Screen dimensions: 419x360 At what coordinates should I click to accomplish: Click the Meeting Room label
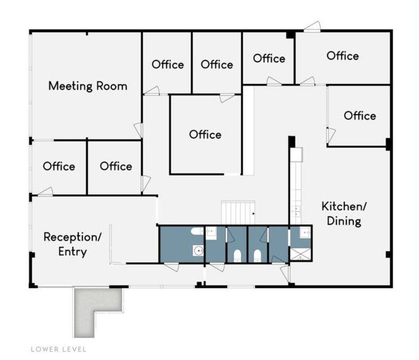pos(88,86)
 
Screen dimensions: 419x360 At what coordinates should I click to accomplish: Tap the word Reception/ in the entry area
pos(72,237)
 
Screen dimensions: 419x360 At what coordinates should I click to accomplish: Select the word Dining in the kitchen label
pos(344,221)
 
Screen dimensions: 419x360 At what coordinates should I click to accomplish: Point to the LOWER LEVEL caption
pos(59,349)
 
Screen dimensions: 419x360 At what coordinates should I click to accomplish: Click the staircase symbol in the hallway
pos(238,213)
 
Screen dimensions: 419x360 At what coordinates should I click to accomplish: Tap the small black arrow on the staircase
pos(253,214)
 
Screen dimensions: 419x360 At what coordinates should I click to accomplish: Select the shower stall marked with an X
pos(301,254)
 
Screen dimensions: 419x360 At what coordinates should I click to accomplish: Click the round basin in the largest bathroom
pos(198,251)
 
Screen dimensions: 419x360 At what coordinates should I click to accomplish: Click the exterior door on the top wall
pos(312,27)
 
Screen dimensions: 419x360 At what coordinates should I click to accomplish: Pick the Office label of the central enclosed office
pos(205,135)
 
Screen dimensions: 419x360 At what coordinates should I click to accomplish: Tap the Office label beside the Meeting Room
pos(168,64)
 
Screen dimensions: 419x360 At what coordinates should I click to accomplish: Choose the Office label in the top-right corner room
pos(342,56)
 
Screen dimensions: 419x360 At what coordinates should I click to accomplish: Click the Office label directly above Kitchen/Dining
pos(360,116)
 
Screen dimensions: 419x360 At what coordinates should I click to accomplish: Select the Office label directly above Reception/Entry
pos(59,166)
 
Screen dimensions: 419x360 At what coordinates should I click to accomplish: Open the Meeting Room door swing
pos(138,130)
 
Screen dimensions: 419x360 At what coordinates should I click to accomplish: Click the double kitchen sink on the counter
pos(297,211)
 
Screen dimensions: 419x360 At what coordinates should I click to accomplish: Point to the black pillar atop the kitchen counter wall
pos(292,141)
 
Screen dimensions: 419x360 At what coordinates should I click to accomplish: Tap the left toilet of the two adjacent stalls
pos(238,256)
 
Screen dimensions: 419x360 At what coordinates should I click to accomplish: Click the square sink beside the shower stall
pos(305,233)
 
